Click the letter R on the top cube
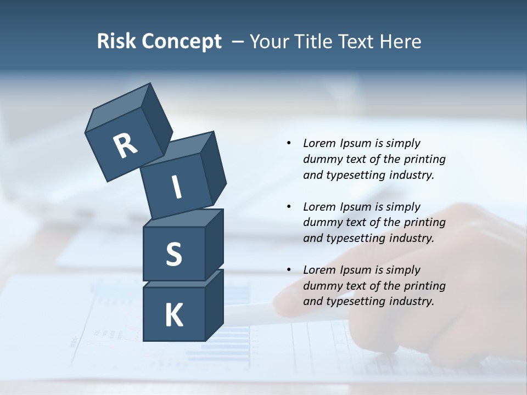[125, 146]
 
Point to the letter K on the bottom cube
[173, 316]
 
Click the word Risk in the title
[116, 42]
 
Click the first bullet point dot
[289, 144]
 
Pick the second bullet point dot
[289, 207]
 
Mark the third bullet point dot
[289, 270]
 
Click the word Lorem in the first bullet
[318, 144]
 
